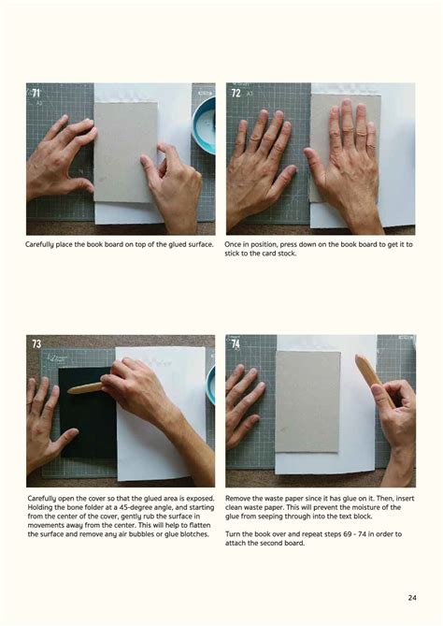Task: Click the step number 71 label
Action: (x=36, y=93)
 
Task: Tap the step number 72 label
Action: (x=236, y=93)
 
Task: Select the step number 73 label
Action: (x=36, y=343)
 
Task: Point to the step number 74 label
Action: (x=236, y=343)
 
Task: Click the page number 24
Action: (x=412, y=597)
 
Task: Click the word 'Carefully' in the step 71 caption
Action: (x=44, y=244)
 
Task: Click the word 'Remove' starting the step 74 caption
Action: (x=239, y=499)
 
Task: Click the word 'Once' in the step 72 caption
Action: (x=234, y=244)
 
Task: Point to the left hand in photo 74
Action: (x=242, y=402)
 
